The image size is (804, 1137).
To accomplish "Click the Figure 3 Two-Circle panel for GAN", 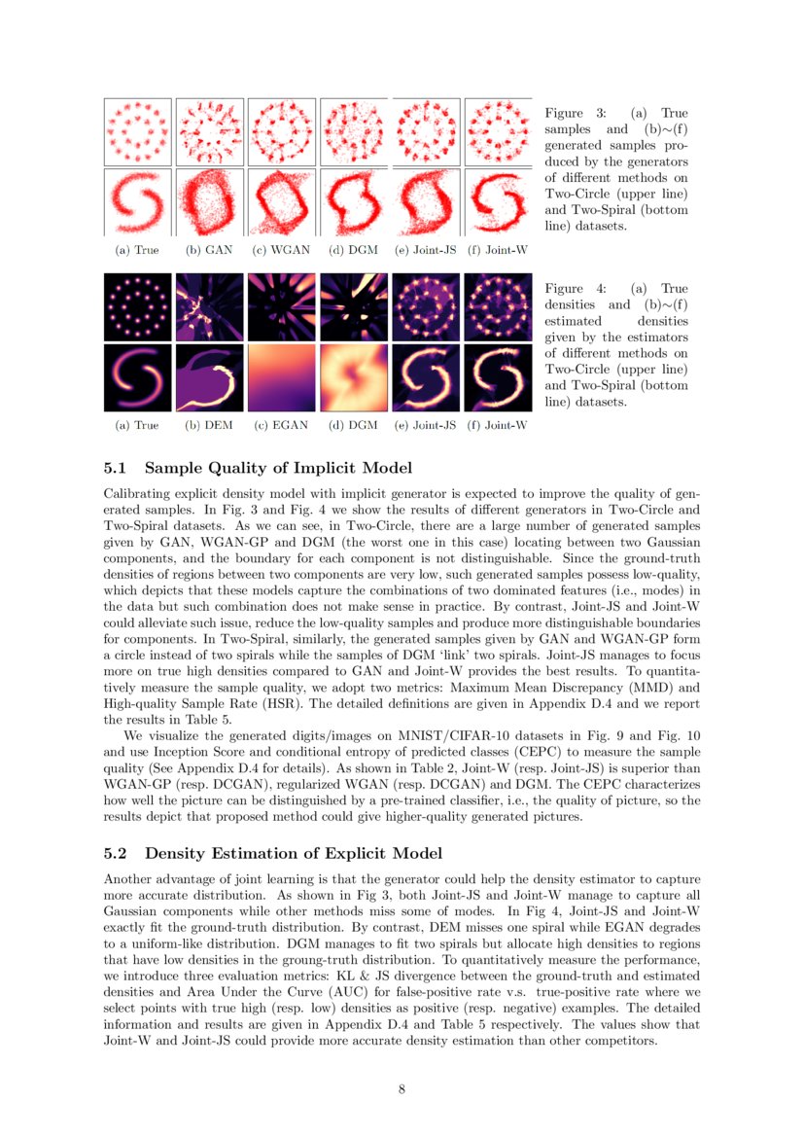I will (x=210, y=131).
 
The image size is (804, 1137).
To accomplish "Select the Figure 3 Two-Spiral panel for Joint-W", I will (x=498, y=202).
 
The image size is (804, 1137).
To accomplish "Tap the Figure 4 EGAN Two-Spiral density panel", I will (x=282, y=377).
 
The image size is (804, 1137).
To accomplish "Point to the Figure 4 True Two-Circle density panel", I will (x=137, y=306).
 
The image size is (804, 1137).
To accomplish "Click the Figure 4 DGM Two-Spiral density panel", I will (x=354, y=377).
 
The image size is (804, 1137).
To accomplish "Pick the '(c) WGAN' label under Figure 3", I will (x=281, y=250).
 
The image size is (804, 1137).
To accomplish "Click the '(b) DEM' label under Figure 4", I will (x=209, y=425).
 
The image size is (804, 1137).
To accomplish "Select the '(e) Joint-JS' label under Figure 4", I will (x=425, y=425).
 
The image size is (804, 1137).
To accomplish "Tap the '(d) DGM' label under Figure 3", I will (x=353, y=250).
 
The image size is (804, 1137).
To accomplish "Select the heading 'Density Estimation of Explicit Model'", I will (x=294, y=853).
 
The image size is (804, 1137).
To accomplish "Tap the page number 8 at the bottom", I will (x=402, y=1088).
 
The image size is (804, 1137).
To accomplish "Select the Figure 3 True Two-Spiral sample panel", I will (x=137, y=202).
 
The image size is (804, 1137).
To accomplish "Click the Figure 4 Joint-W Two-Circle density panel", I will (x=498, y=306).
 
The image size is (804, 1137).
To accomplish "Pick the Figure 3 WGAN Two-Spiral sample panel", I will (x=282, y=202).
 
